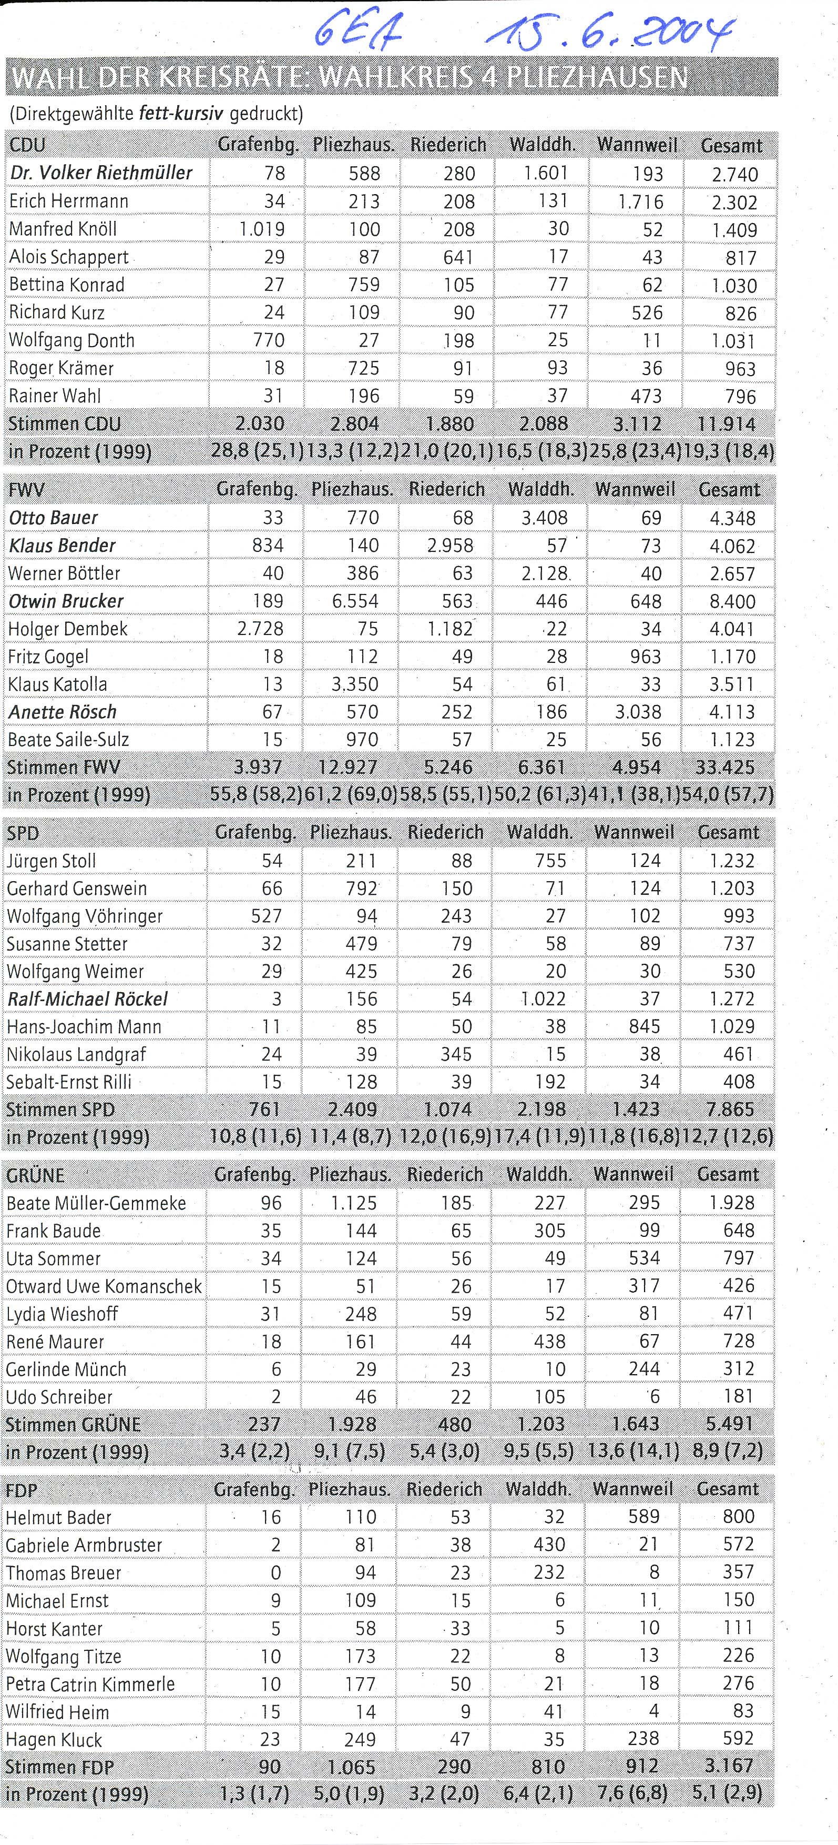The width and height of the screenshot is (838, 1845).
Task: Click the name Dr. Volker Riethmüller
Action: pos(101,173)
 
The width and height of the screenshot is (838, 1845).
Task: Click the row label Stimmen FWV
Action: pos(64,768)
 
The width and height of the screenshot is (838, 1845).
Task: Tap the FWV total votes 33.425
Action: pos(725,768)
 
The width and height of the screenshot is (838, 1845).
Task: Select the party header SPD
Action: pos(23,833)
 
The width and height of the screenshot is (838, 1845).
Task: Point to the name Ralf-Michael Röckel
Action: pos(87,999)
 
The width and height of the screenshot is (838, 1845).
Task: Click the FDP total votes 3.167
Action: pos(729,1766)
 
